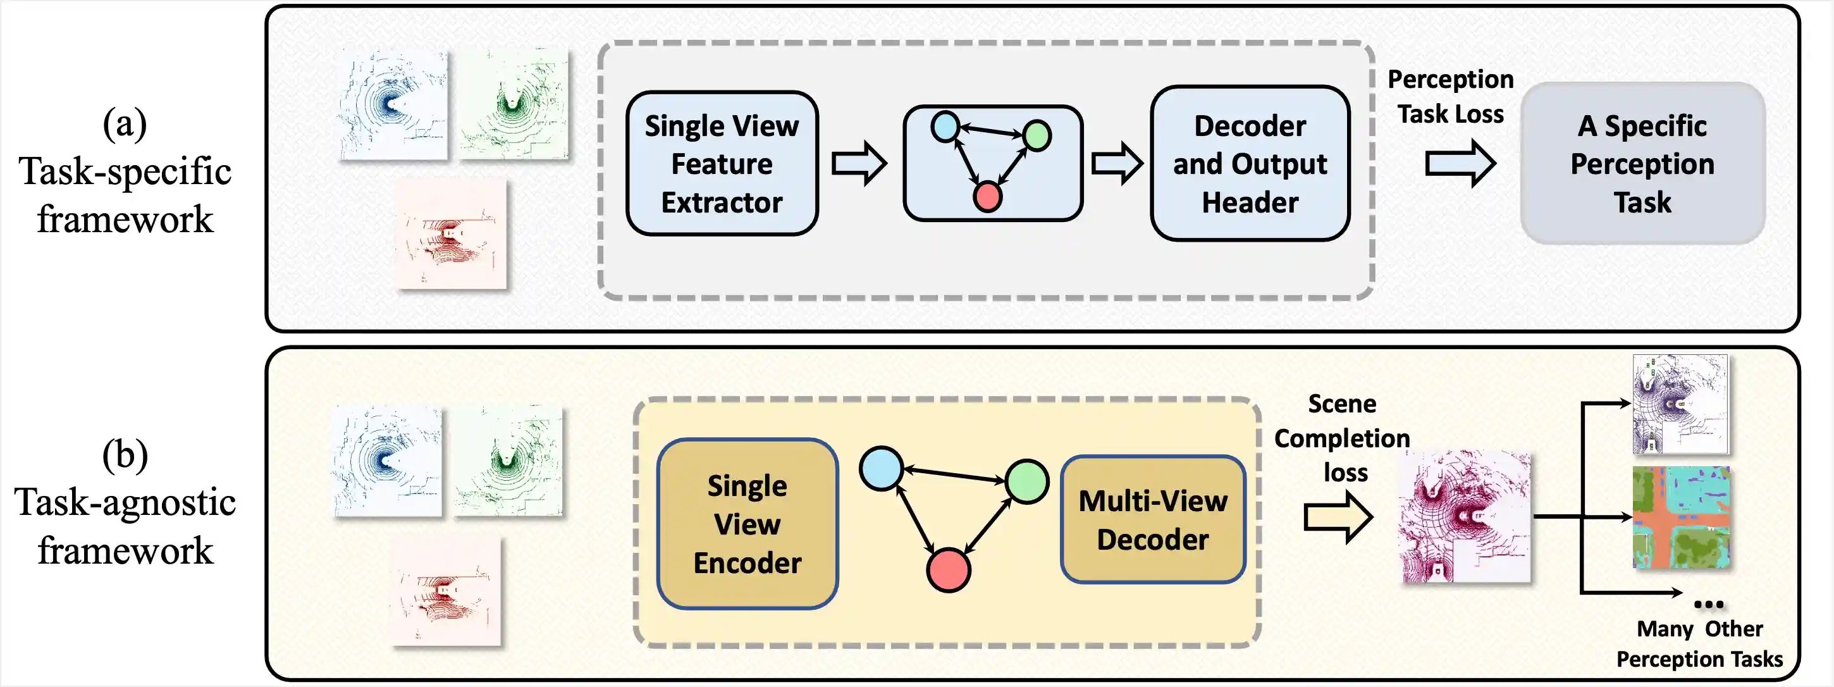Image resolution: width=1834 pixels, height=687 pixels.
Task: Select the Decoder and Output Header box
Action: (1250, 164)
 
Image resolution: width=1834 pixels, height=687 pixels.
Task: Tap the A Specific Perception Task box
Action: (1642, 164)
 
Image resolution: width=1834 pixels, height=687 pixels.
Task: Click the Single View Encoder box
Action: (747, 524)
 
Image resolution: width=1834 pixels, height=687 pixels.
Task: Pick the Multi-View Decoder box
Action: (1153, 520)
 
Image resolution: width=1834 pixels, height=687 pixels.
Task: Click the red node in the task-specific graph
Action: (987, 197)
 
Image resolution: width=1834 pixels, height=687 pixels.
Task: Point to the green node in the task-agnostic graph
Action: (1027, 481)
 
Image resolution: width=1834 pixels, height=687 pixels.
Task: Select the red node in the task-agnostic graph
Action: (949, 569)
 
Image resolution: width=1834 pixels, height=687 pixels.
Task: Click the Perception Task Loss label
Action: (1450, 96)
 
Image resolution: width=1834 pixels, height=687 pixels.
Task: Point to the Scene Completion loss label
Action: (1342, 438)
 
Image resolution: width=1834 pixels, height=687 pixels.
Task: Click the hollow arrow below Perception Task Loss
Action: (1460, 164)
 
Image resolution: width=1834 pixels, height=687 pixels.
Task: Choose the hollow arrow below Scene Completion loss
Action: (1338, 517)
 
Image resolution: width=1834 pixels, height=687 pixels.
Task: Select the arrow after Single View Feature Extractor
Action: (859, 164)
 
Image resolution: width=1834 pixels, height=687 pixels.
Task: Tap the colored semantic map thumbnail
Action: (1681, 517)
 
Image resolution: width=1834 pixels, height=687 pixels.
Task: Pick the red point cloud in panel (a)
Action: (452, 233)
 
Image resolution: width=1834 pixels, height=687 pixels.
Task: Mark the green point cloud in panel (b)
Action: (508, 461)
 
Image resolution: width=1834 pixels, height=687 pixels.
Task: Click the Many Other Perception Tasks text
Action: (1699, 643)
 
